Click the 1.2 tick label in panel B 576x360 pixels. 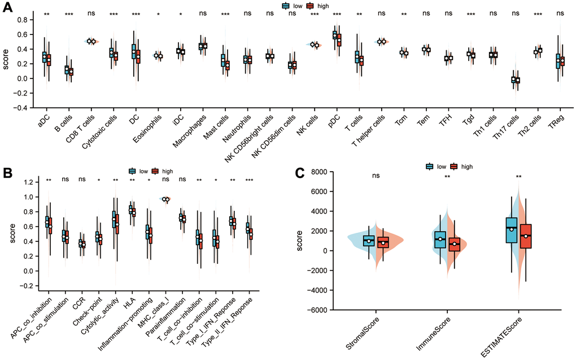(x=25, y=182)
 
